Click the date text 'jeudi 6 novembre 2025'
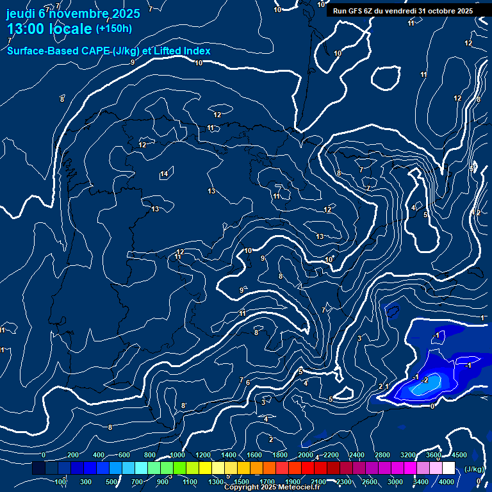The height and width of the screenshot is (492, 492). click(x=73, y=13)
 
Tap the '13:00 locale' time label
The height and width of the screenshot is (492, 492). click(x=49, y=29)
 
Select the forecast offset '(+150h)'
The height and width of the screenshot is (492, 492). click(x=113, y=29)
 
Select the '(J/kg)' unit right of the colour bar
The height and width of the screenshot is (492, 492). click(x=474, y=469)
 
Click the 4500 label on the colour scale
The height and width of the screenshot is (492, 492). click(x=459, y=455)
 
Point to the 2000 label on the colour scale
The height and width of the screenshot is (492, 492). click(x=306, y=455)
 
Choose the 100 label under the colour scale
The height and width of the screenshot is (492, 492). click(x=61, y=482)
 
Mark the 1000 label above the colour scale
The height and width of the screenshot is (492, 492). click(x=177, y=455)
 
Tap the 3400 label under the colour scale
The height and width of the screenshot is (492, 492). click(x=421, y=482)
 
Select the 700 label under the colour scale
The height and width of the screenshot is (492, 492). click(x=137, y=482)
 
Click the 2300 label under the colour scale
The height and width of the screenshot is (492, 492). click(x=344, y=482)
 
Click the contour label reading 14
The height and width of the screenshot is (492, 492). click(x=164, y=174)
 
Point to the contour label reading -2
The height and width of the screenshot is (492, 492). click(x=425, y=380)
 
